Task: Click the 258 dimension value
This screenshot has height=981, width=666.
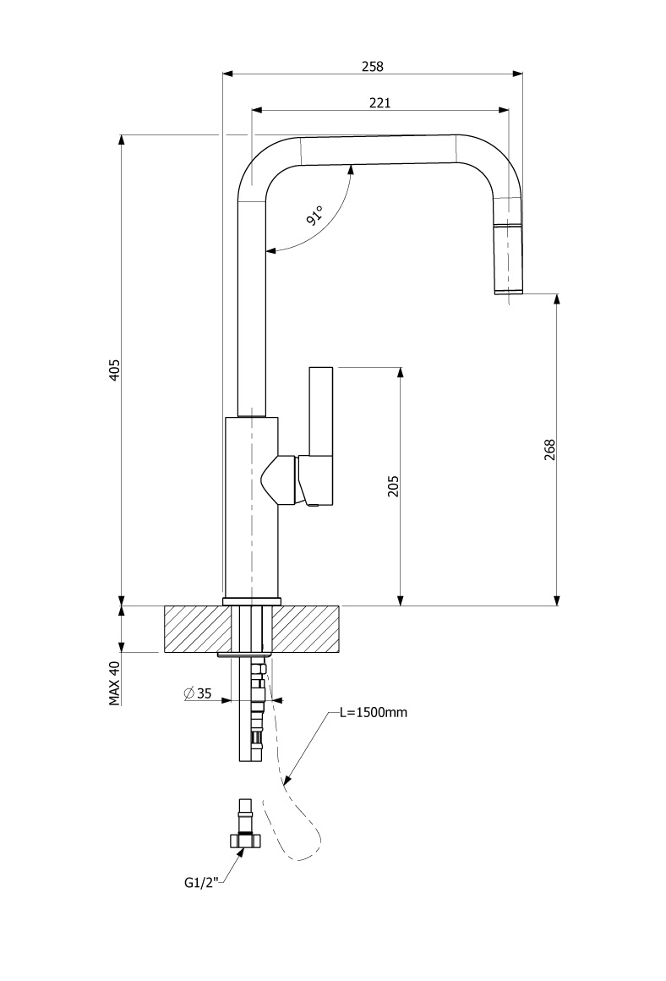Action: coord(373,65)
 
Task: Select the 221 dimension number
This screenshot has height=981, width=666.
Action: coord(379,102)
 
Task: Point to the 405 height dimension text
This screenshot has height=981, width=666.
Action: coord(115,370)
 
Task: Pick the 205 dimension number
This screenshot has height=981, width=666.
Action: coord(393,485)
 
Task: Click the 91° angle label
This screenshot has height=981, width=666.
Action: coord(314,216)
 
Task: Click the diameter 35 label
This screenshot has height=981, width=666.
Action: coord(198,694)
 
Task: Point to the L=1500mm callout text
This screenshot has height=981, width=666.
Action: coord(373,712)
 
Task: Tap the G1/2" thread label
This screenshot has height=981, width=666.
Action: coord(201,883)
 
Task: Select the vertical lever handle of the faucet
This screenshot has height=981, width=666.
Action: coord(322,410)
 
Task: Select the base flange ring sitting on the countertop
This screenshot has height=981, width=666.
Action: coord(251,601)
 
